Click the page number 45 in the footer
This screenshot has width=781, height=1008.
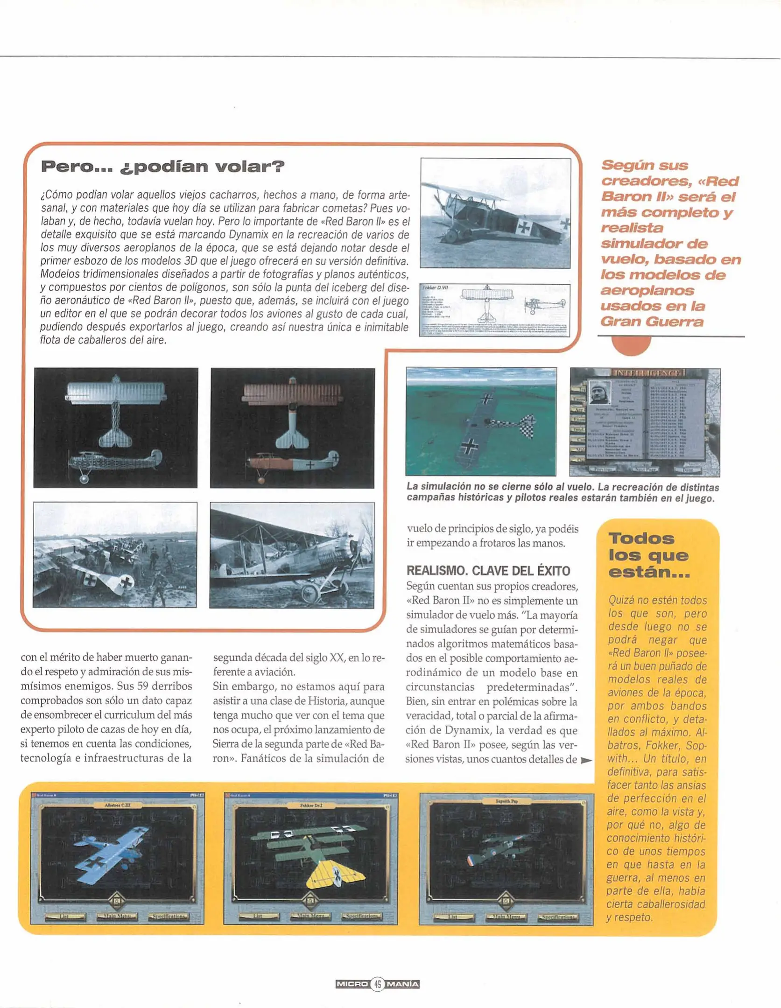pyautogui.click(x=377, y=984)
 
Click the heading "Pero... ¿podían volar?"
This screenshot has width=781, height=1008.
pyautogui.click(x=162, y=167)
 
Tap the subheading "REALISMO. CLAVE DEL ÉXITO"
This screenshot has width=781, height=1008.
pyautogui.click(x=488, y=571)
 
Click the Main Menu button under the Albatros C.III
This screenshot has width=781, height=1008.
pyautogui.click(x=117, y=916)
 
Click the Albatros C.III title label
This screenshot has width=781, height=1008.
pyautogui.click(x=117, y=805)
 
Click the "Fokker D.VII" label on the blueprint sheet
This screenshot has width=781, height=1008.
pyautogui.click(x=435, y=287)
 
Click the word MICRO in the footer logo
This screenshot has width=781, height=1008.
pyautogui.click(x=352, y=984)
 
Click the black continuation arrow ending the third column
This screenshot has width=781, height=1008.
pyautogui.click(x=586, y=760)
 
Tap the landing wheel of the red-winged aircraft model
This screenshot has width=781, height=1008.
pyautogui.click(x=261, y=480)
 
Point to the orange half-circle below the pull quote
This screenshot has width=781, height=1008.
pyautogui.click(x=631, y=345)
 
